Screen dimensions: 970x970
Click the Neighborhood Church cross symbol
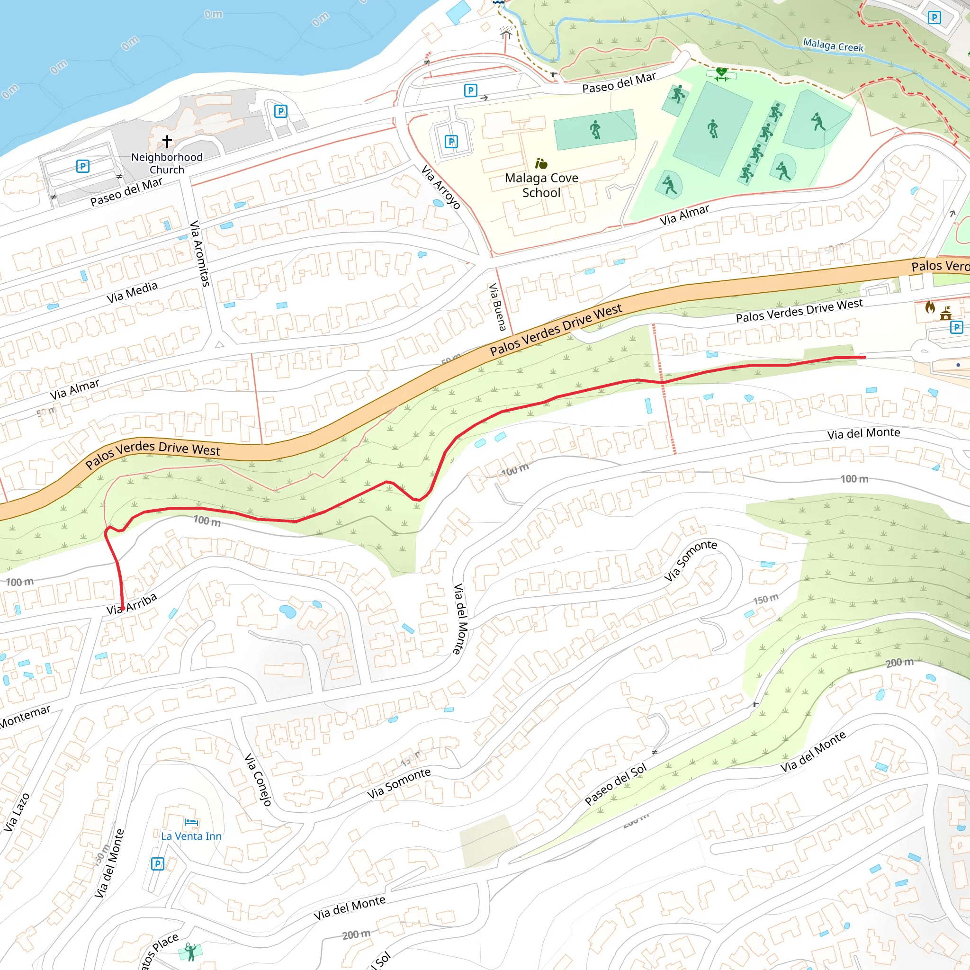coord(167,141)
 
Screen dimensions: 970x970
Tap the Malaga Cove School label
coord(541,185)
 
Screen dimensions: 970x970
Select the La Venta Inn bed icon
coord(191,822)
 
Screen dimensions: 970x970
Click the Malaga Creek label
coord(833,45)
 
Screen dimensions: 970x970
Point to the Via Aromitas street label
coord(199,253)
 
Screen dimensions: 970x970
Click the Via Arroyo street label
coord(441,187)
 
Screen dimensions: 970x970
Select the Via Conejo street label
coord(258,779)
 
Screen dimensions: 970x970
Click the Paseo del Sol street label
coord(616,785)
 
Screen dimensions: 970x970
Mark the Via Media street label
coord(132,292)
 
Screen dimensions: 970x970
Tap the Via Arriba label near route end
coord(132,604)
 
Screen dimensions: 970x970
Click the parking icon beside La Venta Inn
coord(158,863)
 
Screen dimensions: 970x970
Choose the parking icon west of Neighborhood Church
coord(83,166)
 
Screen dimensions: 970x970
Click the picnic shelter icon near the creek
coord(505,34)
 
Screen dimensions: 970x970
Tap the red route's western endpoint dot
coord(123,608)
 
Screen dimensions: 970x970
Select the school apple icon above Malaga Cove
coord(541,164)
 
